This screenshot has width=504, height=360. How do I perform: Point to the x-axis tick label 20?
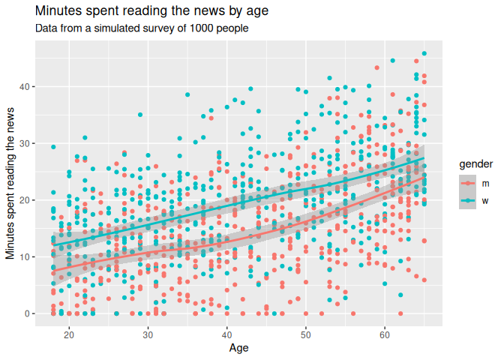click(x=69, y=334)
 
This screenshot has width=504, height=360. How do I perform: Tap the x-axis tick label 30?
click(x=148, y=334)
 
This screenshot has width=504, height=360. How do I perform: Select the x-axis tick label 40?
click(x=226, y=334)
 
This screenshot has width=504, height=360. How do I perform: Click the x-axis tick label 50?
click(x=305, y=334)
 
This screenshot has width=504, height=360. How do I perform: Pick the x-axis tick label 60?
click(x=384, y=334)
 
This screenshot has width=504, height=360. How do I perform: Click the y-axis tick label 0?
click(x=26, y=313)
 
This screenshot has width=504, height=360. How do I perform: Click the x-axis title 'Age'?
click(x=238, y=348)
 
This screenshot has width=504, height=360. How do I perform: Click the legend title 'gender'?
click(x=476, y=163)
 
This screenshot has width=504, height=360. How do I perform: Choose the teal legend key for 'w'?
click(x=466, y=200)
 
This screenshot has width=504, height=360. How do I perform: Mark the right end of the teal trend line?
click(x=424, y=159)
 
